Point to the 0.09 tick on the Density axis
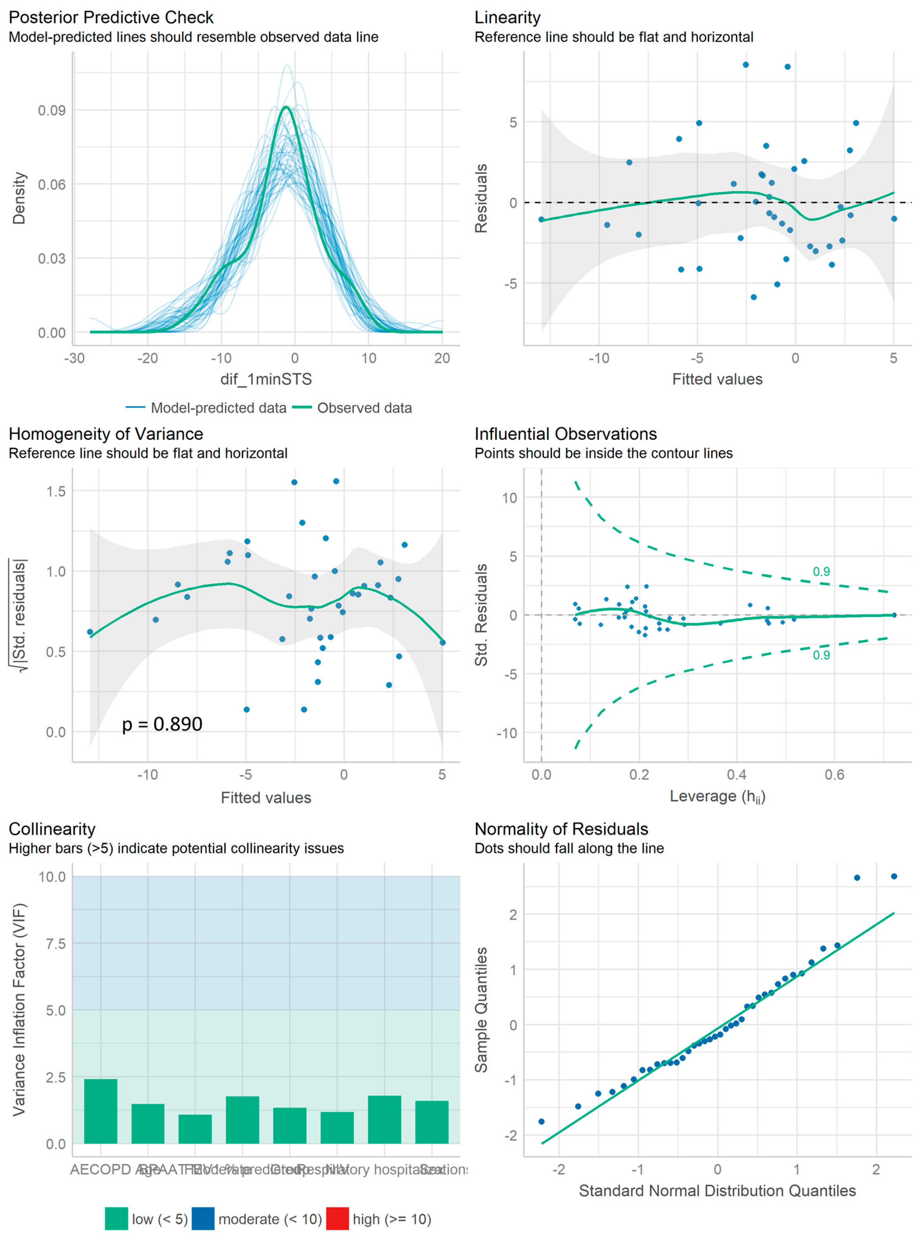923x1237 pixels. [51, 111]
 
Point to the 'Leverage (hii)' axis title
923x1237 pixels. [717, 796]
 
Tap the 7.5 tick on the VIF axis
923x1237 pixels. [55, 944]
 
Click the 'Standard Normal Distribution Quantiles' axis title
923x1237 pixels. [717, 1191]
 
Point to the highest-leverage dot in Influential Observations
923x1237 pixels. [894, 615]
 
